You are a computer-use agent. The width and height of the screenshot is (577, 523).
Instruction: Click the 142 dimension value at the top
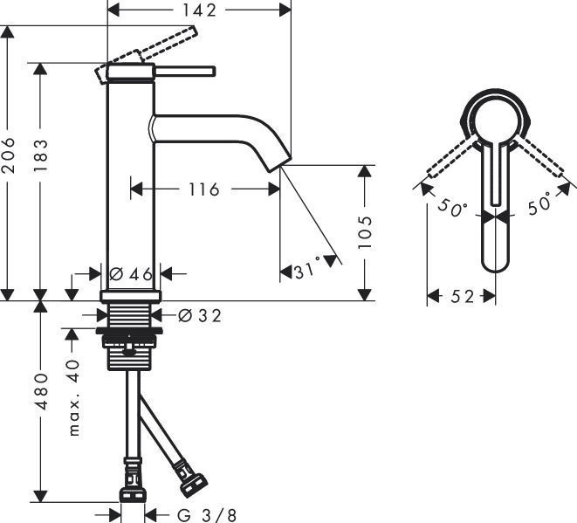(198, 10)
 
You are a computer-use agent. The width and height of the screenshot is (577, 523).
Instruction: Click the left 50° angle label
(454, 210)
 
